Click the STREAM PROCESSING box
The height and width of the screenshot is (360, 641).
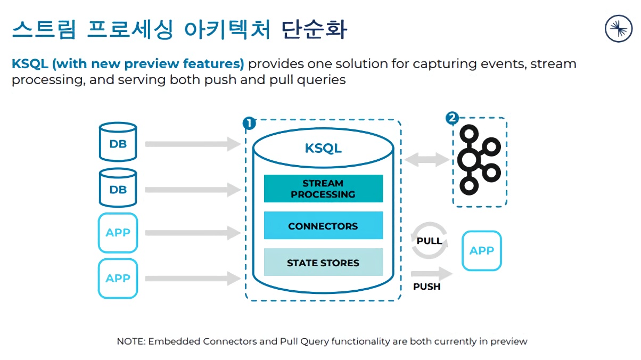(323, 189)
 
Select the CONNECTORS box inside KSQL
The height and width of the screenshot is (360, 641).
(323, 226)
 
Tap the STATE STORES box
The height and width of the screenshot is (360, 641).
(323, 263)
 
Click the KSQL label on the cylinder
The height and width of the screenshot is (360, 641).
(323, 148)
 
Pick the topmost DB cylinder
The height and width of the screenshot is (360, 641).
(118, 142)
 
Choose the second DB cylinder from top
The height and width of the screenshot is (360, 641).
(118, 188)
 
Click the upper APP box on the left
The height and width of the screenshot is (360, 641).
(118, 233)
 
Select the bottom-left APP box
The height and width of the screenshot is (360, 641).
(118, 278)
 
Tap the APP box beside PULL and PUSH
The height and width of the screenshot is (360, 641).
(482, 250)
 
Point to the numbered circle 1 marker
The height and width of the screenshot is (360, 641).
(249, 124)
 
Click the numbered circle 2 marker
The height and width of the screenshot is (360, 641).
(452, 118)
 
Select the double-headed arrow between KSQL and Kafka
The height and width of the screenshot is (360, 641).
(427, 159)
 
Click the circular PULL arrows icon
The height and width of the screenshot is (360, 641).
(429, 241)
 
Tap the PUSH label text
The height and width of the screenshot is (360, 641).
(427, 287)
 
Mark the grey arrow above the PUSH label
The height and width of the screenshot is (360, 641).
(431, 274)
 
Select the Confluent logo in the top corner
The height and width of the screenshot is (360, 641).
(619, 28)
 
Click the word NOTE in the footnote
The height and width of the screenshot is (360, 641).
(129, 341)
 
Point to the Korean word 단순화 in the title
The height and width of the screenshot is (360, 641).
(315, 30)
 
